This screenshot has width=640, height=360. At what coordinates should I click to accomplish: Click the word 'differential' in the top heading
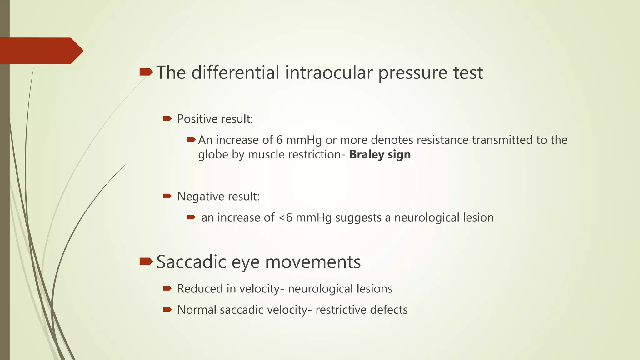235,72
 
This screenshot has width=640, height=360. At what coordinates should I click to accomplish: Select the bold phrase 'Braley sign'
380,155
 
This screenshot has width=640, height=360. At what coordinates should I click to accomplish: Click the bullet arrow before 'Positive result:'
167,118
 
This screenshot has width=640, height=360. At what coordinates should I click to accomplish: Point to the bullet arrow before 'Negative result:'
167,196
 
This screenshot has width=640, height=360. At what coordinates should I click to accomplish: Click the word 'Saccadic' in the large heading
191,262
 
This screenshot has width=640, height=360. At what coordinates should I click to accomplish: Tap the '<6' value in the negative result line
285,217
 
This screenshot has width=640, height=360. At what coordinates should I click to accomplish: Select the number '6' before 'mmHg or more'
279,140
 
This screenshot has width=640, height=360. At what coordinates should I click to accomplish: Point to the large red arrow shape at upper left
41,51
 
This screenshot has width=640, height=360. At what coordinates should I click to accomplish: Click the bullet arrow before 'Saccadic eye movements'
146,261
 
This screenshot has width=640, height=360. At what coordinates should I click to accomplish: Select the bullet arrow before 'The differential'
146,72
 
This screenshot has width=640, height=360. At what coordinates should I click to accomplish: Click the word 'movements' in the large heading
313,262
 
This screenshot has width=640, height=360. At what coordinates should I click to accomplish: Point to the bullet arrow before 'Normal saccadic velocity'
167,310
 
